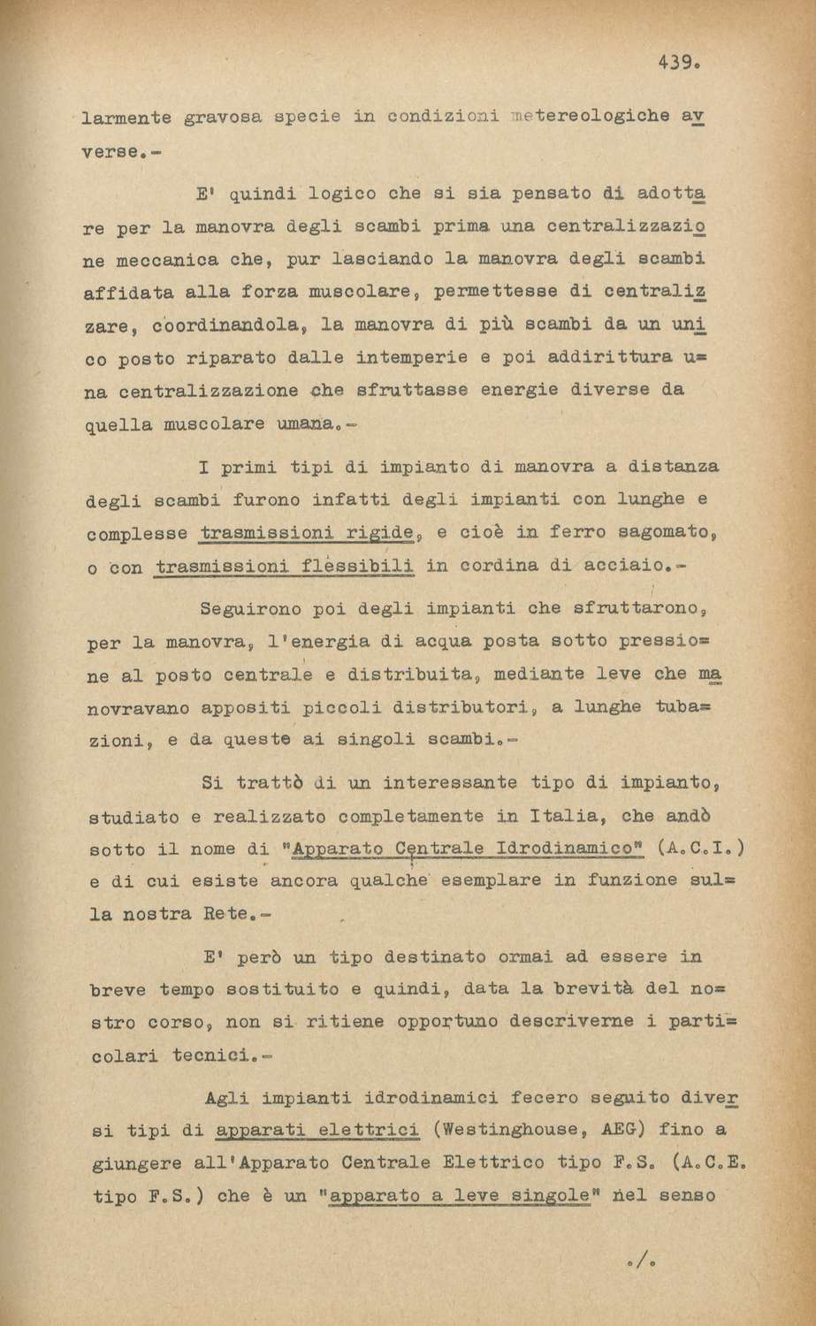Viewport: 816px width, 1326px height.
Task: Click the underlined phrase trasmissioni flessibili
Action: [284, 567]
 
